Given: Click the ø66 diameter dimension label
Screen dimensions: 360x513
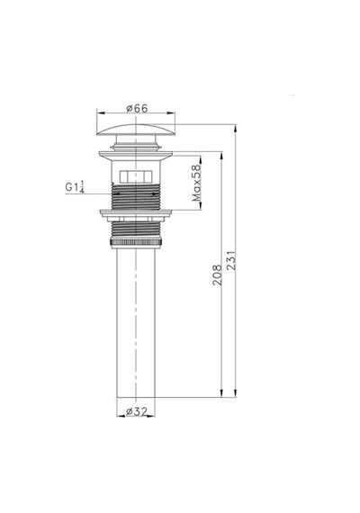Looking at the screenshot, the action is click(137, 108).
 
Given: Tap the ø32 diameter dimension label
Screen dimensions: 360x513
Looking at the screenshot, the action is click(136, 411).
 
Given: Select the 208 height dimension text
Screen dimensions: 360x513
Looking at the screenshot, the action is click(217, 274).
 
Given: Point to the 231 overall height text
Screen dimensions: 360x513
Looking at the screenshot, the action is click(230, 261).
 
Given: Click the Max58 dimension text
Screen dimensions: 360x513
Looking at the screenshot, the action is click(196, 183).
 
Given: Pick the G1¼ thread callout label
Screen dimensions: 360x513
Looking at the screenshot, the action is click(75, 187).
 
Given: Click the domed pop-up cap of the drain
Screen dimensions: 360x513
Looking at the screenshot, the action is click(136, 130).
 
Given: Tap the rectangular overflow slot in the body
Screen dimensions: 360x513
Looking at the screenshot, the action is click(136, 176).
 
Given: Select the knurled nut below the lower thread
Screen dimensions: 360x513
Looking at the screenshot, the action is click(136, 242).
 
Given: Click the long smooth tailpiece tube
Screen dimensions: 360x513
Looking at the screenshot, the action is click(136, 322).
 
